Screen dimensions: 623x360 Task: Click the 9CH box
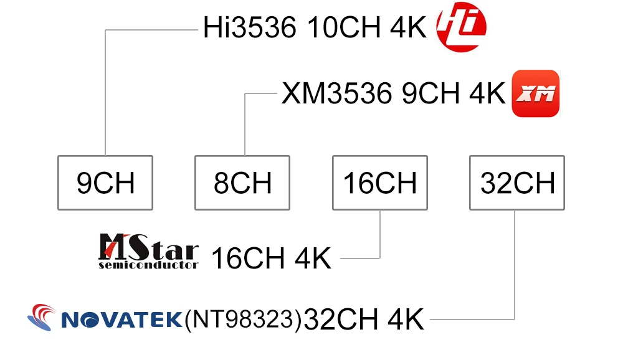point(105,182)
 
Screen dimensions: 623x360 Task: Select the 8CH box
point(242,182)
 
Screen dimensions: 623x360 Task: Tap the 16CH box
point(380,182)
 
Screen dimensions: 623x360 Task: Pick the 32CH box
point(517,182)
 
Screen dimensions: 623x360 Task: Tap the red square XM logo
point(536,93)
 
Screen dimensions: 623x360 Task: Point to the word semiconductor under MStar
point(148,265)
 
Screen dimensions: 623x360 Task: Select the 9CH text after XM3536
point(429,94)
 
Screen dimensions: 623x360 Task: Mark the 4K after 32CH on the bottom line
point(406,320)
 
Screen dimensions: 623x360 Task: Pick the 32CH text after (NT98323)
point(342,320)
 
